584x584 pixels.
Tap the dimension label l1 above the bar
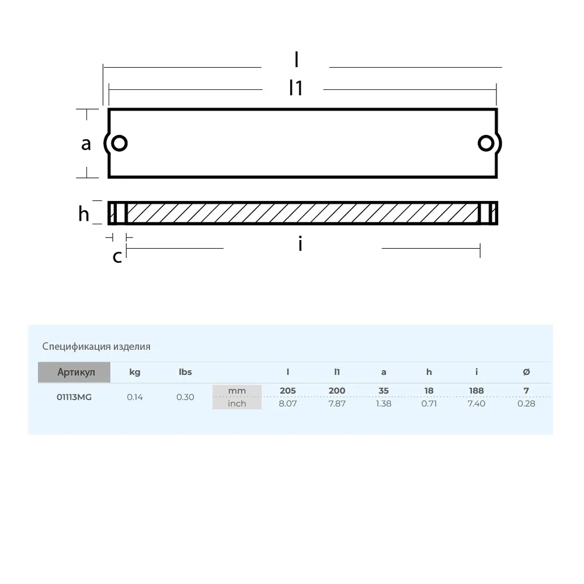(x=296, y=88)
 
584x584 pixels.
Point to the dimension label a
(x=86, y=144)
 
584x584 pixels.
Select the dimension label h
(x=84, y=214)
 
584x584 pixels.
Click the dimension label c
(x=117, y=256)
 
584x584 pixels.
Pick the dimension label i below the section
(x=300, y=244)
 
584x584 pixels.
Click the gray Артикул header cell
(x=74, y=372)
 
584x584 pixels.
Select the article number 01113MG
(x=74, y=397)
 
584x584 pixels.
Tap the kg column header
(x=135, y=372)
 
